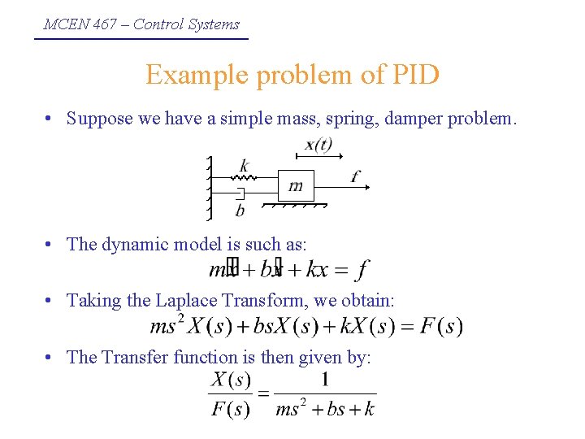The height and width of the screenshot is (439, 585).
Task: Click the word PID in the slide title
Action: click(x=414, y=75)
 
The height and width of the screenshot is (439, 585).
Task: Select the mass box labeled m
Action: click(x=295, y=186)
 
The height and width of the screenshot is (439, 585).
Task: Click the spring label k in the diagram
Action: click(x=245, y=165)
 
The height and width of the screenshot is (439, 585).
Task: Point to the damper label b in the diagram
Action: click(x=240, y=211)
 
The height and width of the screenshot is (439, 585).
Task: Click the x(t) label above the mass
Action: click(x=318, y=146)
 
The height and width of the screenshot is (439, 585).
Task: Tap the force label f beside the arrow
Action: click(x=356, y=175)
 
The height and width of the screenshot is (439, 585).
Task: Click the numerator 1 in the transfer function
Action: click(x=325, y=379)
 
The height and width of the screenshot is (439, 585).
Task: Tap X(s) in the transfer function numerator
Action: click(x=231, y=379)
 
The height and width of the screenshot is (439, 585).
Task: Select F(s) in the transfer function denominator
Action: click(x=231, y=409)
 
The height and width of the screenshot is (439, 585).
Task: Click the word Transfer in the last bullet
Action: click(x=135, y=357)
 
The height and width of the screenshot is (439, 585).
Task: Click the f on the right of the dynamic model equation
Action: click(x=362, y=267)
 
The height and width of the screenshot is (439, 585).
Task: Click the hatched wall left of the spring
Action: click(x=210, y=188)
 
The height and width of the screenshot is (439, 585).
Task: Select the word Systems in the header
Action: click(x=214, y=24)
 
